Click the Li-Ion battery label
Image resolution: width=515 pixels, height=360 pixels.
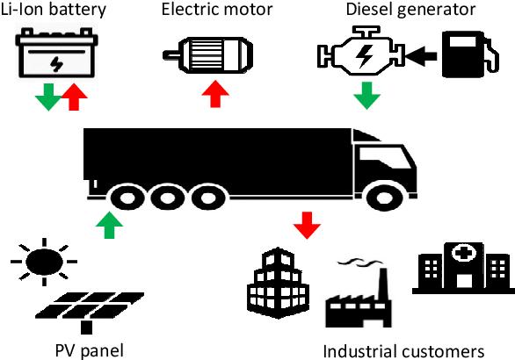coord(54,9)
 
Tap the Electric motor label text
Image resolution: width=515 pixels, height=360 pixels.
coord(217,9)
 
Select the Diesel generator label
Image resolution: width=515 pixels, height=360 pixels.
coord(410,9)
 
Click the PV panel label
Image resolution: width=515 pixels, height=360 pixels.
coord(90,351)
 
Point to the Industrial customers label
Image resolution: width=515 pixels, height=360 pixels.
coord(403,351)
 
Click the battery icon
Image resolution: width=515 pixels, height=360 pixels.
coord(56,53)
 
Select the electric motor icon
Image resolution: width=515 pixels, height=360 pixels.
coord(208,54)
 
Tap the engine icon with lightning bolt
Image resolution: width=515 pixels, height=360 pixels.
coord(361,52)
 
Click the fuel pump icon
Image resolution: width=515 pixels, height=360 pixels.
coord(470,54)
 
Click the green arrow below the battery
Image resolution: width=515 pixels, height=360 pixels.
coord(48,97)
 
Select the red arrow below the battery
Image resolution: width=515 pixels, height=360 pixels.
coord(74,97)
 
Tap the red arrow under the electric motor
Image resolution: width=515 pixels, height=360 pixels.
coord(215,94)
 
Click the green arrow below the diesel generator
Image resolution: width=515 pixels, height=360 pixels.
coord(366,96)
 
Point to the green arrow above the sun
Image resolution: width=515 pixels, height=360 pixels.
coord(109,225)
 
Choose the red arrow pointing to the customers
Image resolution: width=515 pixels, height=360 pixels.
coord(307,226)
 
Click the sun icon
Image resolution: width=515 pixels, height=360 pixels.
coord(44,262)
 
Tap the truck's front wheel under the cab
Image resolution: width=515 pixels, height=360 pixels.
coord(385,198)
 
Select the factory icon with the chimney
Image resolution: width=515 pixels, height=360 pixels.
coord(359,293)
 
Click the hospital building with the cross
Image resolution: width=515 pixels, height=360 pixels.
coord(463,268)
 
